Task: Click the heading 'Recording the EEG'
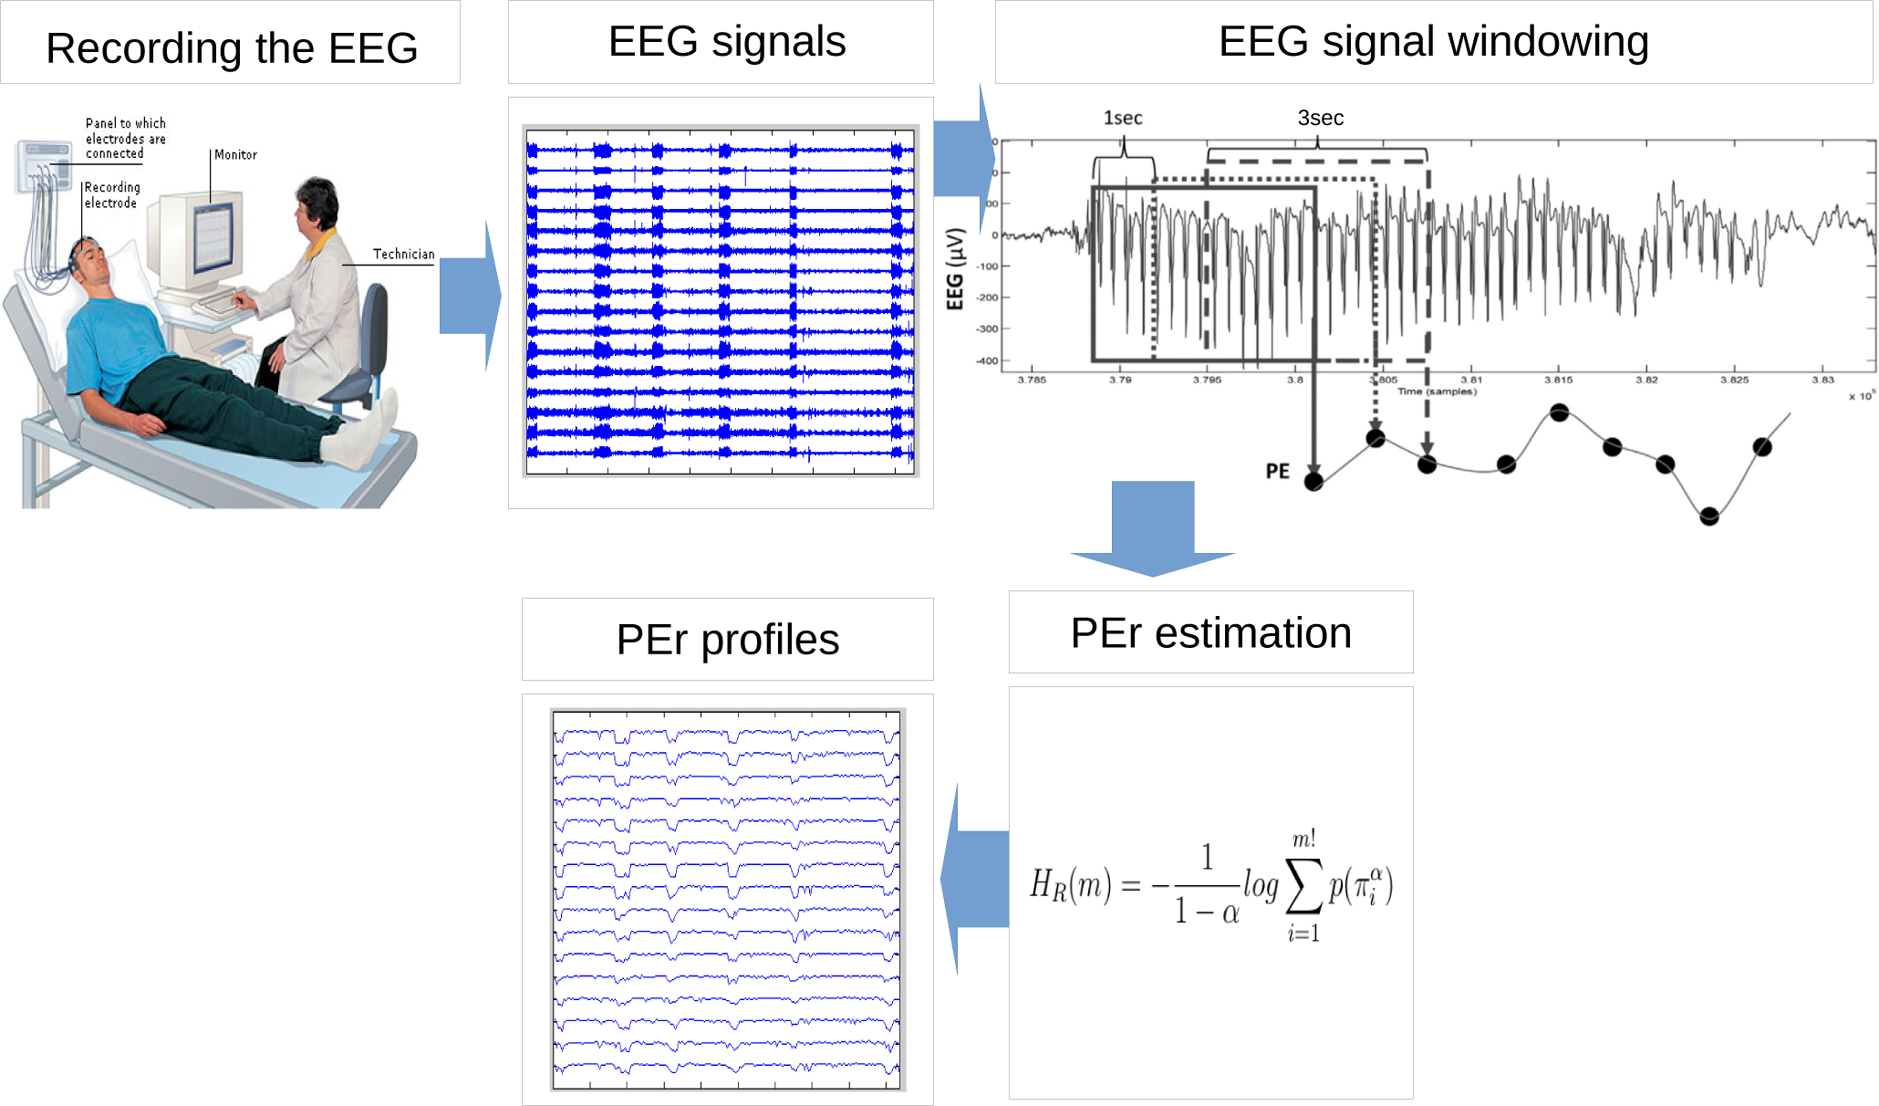pos(232,47)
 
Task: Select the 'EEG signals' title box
pos(727,42)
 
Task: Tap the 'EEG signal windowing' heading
pos(1433,42)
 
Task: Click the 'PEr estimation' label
pos(1210,632)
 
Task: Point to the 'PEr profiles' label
pos(727,639)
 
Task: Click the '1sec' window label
pos(1122,118)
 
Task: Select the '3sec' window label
pos(1320,118)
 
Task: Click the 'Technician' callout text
pos(403,254)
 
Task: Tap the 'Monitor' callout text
pos(235,154)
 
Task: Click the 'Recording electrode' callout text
pos(111,194)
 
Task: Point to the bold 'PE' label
pos(1277,471)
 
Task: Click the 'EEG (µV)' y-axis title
pos(955,269)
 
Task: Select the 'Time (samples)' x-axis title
pos(1437,391)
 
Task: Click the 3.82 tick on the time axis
pos(1646,380)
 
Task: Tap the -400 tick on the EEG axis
pos(987,360)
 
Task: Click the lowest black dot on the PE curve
pos(1709,516)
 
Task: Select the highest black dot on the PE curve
pos(1560,412)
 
